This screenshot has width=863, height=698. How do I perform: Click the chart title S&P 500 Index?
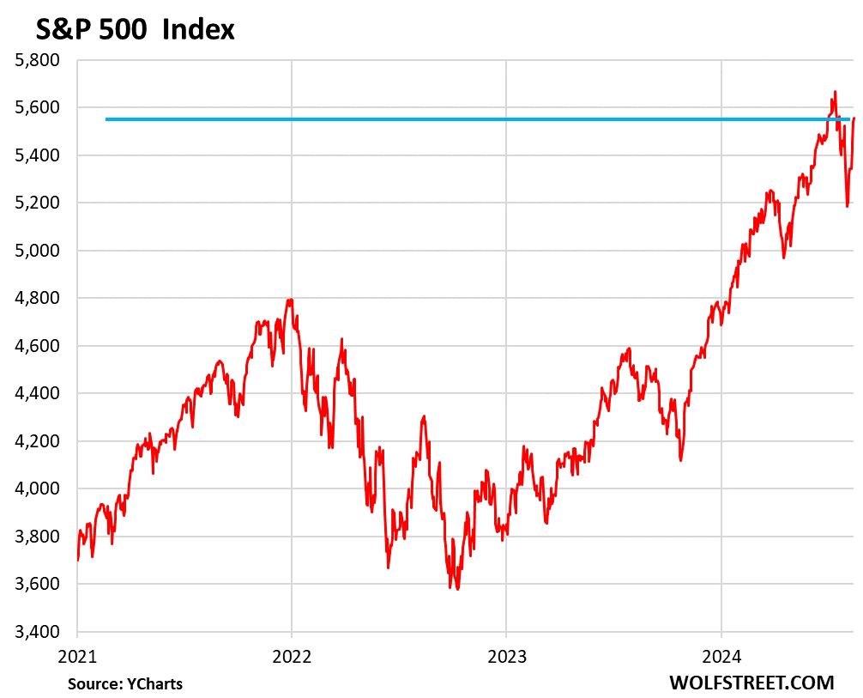[x=135, y=30]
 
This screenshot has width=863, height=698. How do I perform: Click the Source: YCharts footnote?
[x=125, y=683]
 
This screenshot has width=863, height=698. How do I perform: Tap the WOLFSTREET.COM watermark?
[x=751, y=683]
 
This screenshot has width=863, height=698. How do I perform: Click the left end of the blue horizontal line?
[x=106, y=119]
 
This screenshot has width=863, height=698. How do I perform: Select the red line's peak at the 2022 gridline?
[x=291, y=300]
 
